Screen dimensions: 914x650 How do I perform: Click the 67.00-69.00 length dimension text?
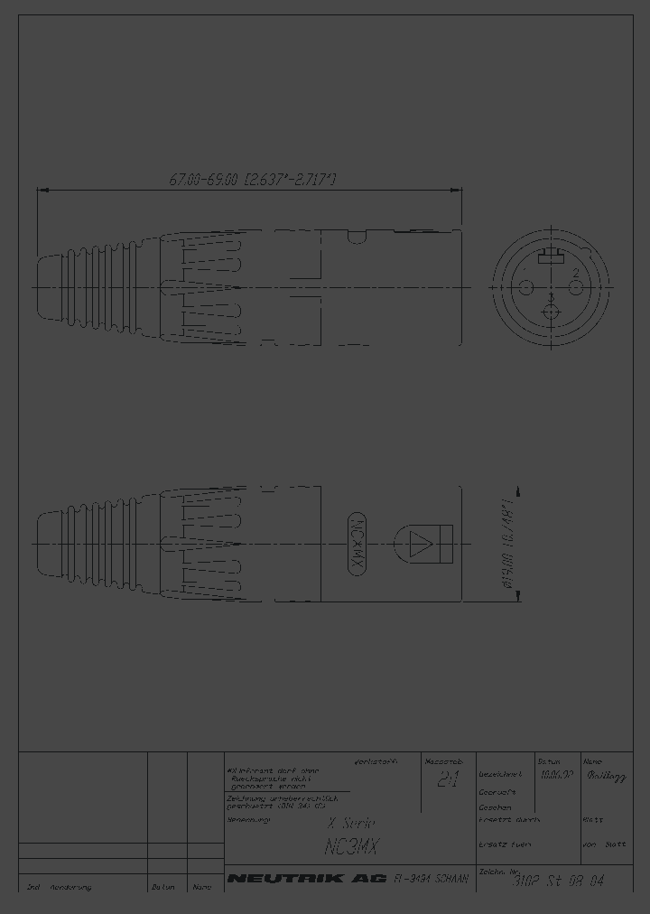pyautogui.click(x=254, y=181)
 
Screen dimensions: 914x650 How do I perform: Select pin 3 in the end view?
pyautogui.click(x=551, y=312)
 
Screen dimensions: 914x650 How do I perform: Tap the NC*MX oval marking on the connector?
pyautogui.click(x=356, y=544)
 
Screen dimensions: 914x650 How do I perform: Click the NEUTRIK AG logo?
pyautogui.click(x=307, y=878)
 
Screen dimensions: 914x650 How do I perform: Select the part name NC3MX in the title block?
pyautogui.click(x=352, y=847)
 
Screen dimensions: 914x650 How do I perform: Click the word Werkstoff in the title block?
pyautogui.click(x=376, y=760)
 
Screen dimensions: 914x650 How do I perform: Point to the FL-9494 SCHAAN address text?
pyautogui.click(x=432, y=878)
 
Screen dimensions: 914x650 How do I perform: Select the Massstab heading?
pyautogui.click(x=443, y=761)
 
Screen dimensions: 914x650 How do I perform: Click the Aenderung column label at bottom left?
pyautogui.click(x=71, y=887)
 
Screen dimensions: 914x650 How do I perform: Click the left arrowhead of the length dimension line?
pyautogui.click(x=40, y=190)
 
